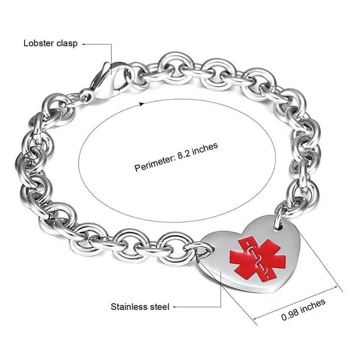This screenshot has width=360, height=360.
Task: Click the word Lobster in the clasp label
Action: pyautogui.click(x=38, y=43)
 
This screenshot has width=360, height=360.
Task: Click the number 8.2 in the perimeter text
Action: pyautogui.click(x=185, y=153)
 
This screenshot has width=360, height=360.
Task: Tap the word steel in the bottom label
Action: pyautogui.click(x=160, y=307)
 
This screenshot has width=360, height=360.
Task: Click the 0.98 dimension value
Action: pyautogui.click(x=289, y=315)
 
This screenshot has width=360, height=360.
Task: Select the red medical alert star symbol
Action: pyautogui.click(x=258, y=259)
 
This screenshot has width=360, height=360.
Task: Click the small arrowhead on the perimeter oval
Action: pyautogui.click(x=142, y=104)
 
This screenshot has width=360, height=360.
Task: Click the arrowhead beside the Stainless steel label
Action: pyautogui.click(x=174, y=307)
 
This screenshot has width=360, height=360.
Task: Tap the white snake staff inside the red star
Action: pyautogui.click(x=258, y=259)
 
